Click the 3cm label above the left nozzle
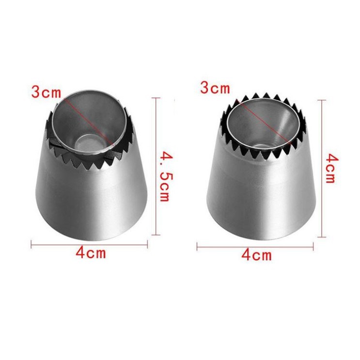[47, 92]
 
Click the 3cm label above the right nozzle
[215, 88]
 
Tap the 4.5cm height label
[167, 176]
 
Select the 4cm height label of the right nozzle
[332, 168]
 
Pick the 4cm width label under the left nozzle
[91, 253]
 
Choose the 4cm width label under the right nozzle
[256, 255]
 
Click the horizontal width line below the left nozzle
[89, 245]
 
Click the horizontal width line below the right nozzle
[255, 247]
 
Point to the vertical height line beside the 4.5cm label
[156, 167]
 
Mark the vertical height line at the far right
[322, 169]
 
